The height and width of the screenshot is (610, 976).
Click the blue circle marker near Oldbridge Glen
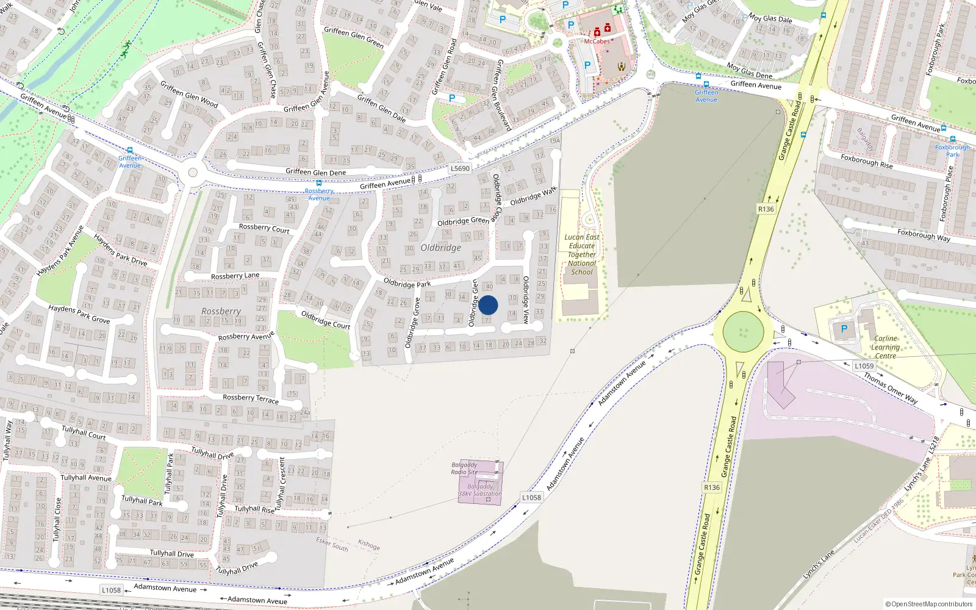coord(488,305)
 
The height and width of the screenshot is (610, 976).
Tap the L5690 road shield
coord(460,168)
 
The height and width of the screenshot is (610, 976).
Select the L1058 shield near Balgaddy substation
coord(531,497)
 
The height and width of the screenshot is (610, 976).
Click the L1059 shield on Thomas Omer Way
coord(864,366)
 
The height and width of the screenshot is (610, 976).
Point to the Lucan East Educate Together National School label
coord(582,254)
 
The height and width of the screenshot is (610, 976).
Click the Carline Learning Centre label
coord(885,347)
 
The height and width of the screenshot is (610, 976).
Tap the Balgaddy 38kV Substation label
coord(480,490)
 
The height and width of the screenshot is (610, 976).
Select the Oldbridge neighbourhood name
coord(440,248)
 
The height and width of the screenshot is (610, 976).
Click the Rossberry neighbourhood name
coord(221,311)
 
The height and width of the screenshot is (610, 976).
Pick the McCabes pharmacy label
coord(597,41)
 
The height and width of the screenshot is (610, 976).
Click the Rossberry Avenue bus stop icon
coord(318,183)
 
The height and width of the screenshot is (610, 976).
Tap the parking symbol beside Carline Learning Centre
coord(844,329)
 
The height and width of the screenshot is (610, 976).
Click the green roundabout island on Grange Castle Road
coord(743,332)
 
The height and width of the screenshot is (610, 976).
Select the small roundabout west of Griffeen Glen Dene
coord(193,173)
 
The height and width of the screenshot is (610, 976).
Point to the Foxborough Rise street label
coord(866,161)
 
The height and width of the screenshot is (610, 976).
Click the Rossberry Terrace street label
coord(251,398)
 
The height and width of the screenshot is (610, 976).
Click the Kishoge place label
coord(369,545)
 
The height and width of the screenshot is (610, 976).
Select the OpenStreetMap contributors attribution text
coord(929,604)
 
